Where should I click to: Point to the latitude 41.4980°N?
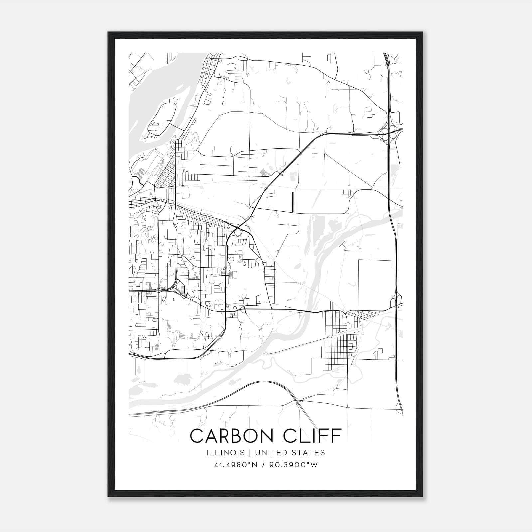click(x=236, y=465)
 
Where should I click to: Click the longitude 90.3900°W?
click(x=295, y=465)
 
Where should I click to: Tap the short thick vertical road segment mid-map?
click(x=292, y=202)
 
